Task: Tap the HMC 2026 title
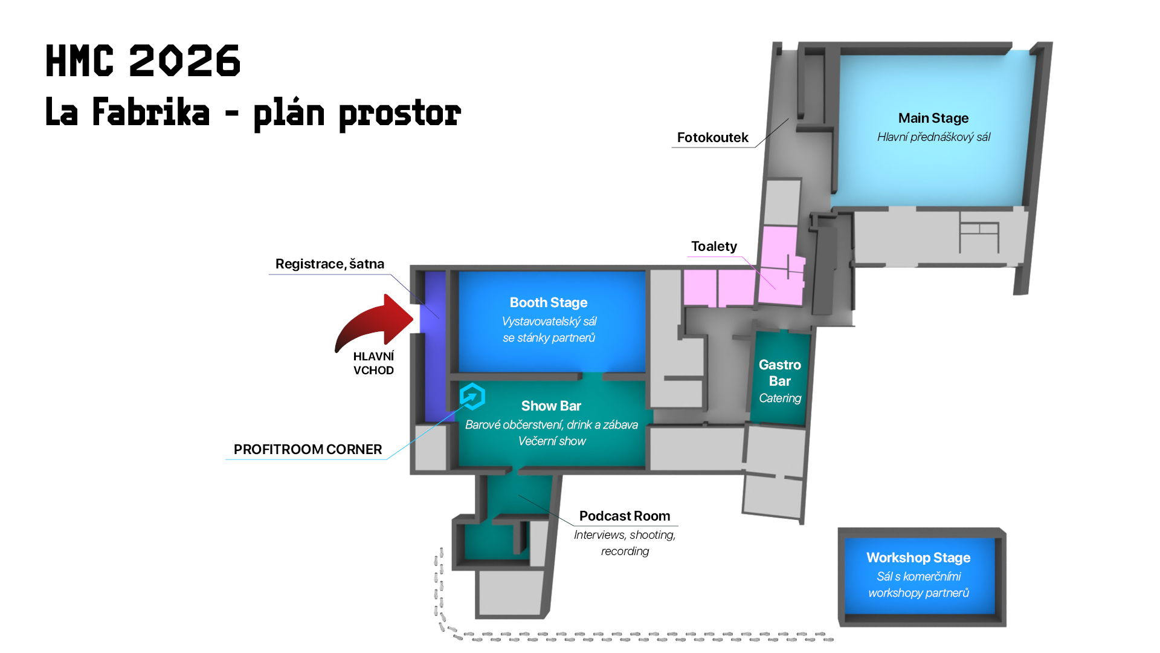click(x=143, y=61)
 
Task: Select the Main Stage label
click(x=933, y=118)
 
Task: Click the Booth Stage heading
click(x=548, y=302)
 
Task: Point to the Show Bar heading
click(x=551, y=406)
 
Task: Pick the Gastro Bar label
click(x=779, y=372)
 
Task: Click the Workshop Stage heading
click(x=918, y=557)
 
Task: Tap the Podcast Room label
click(x=624, y=516)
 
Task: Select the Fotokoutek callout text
click(x=712, y=137)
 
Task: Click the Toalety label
click(x=714, y=246)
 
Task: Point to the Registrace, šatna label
click(x=329, y=264)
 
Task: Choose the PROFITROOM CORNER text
click(x=308, y=449)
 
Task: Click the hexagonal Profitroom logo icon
click(x=472, y=397)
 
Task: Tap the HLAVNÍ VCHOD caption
click(x=373, y=363)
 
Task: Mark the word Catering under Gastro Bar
click(x=779, y=398)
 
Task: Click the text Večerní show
click(x=552, y=441)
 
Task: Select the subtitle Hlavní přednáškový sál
click(x=933, y=137)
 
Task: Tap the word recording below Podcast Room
click(x=625, y=551)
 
